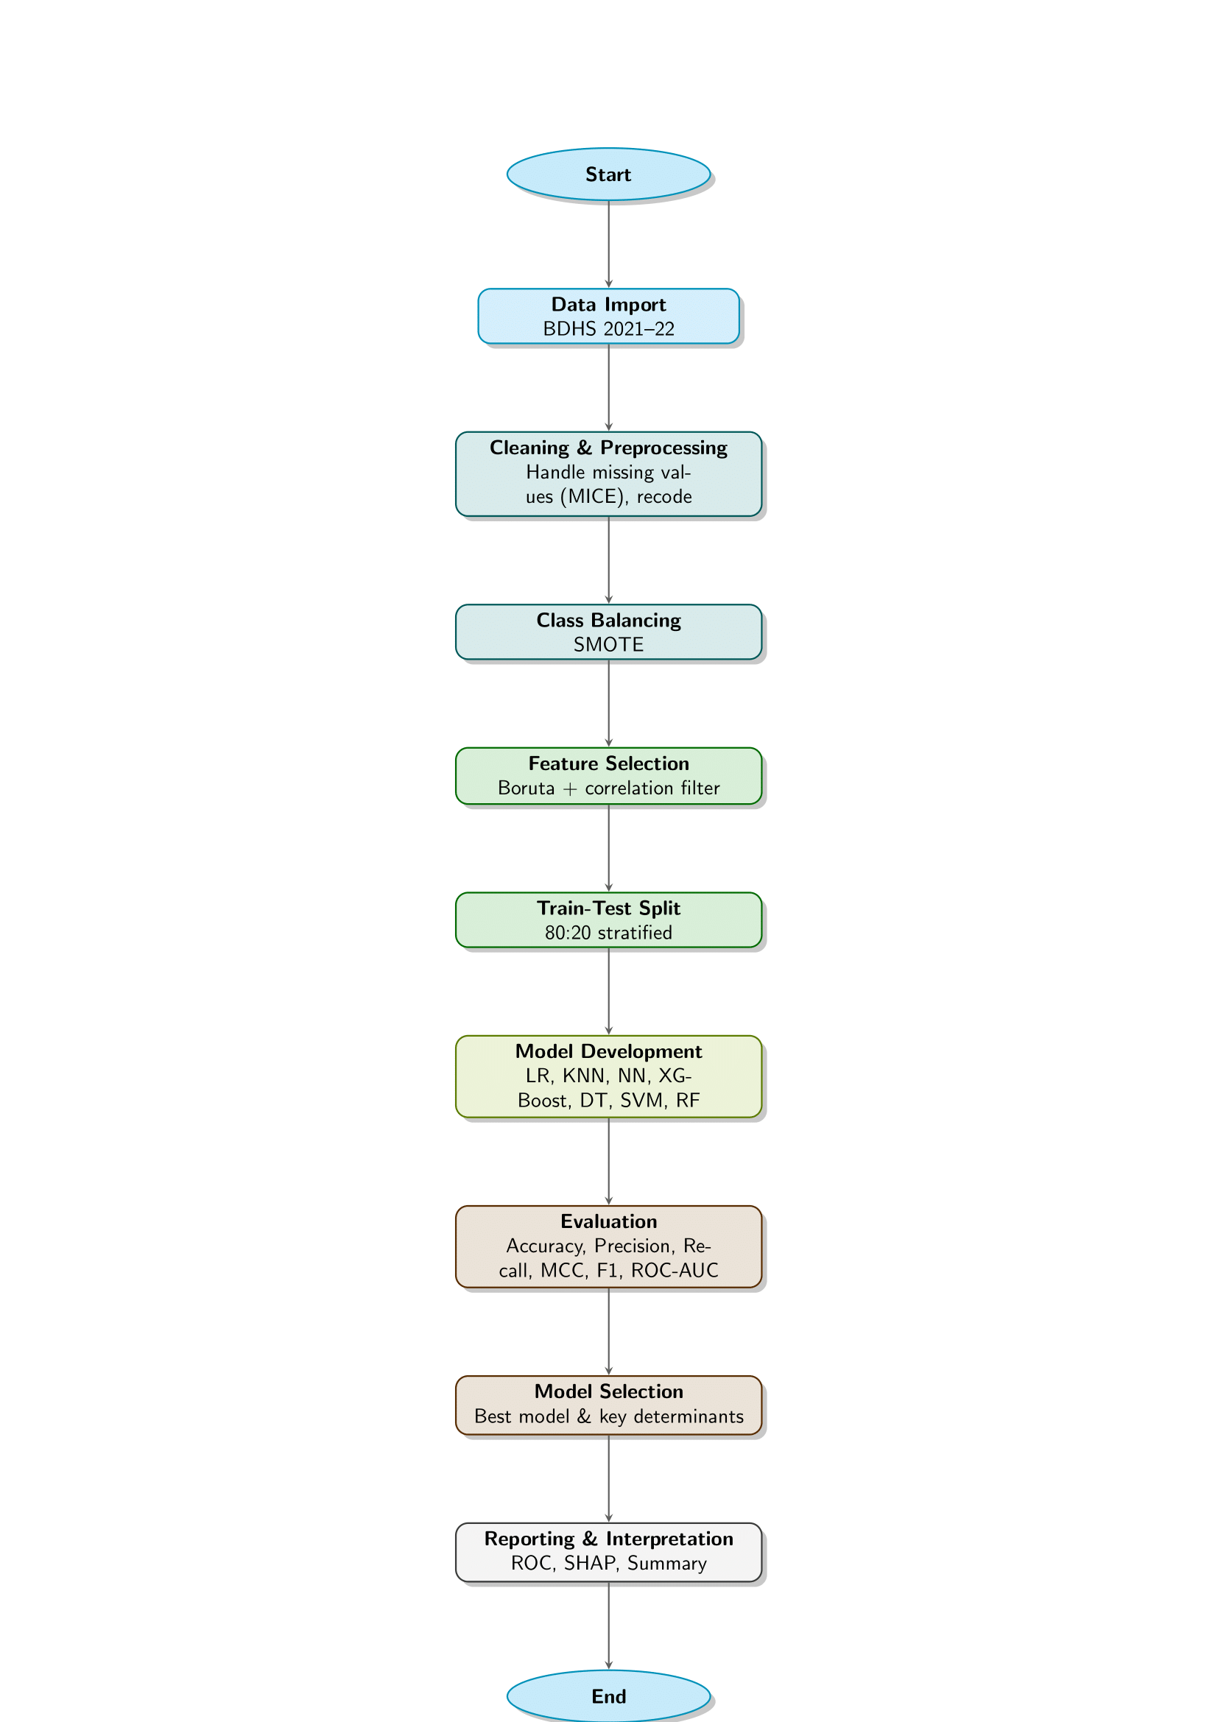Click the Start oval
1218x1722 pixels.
608,174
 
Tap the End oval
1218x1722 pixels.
608,1695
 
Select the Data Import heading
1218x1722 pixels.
608,305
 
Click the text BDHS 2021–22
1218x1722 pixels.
608,328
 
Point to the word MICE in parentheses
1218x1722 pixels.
594,496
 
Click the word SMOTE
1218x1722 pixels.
608,644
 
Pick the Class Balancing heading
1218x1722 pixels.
608,620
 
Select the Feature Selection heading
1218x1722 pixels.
608,763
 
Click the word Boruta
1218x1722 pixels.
526,788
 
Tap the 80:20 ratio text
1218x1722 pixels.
568,932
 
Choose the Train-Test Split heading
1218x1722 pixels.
608,908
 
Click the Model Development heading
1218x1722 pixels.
608,1051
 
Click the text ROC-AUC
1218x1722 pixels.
675,1270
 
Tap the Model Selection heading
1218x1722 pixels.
608,1391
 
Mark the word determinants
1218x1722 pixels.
689,1416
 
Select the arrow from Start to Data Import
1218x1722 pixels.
608,244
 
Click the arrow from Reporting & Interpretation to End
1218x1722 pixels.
608,1626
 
